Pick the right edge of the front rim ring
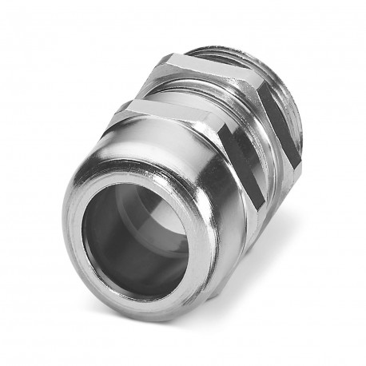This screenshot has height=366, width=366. click(x=197, y=247)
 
